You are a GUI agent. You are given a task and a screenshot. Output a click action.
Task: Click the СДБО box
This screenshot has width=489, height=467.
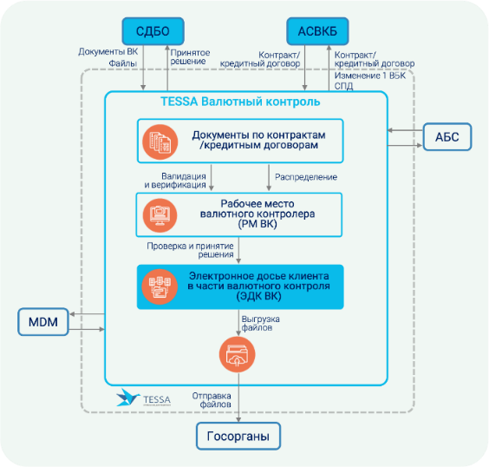click(x=153, y=31)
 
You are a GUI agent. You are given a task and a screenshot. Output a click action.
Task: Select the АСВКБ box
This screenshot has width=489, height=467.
click(x=317, y=31)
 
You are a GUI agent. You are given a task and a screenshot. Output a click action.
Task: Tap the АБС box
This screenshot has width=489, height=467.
click(x=447, y=137)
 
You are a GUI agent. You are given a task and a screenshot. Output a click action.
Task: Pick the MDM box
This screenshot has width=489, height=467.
click(x=43, y=322)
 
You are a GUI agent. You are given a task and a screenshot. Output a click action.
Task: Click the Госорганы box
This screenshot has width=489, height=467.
click(x=238, y=436)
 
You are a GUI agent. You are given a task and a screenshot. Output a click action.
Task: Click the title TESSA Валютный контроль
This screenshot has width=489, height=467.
click(x=240, y=102)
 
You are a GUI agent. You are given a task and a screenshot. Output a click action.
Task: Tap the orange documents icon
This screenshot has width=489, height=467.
click(x=160, y=142)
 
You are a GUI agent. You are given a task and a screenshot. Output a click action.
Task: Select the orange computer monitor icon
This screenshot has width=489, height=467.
click(x=160, y=215)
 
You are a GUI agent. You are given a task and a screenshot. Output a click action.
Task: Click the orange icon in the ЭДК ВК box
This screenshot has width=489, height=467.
click(x=160, y=286)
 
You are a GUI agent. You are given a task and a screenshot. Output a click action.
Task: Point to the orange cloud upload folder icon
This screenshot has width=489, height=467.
click(x=237, y=355)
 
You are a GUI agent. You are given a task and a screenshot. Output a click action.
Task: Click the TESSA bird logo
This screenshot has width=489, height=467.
click(x=127, y=398)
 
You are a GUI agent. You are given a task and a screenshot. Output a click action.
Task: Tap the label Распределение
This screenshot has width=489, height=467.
click(x=306, y=177)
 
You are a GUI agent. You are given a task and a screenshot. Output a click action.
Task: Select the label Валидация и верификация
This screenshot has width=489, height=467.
click(x=175, y=181)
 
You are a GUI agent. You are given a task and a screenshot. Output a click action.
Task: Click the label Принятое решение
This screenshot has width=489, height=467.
click(x=190, y=56)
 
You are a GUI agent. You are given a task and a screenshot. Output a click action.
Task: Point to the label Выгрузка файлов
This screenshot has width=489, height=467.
click(x=260, y=324)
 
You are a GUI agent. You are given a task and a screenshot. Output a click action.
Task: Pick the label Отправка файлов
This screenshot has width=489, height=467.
click(x=212, y=400)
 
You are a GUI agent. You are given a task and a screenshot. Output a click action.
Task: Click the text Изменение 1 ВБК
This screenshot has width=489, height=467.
click(x=370, y=76)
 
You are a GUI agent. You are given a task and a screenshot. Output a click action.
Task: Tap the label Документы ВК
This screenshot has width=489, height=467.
click(x=108, y=52)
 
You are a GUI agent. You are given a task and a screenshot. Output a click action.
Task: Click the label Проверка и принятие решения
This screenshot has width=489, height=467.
click(x=190, y=250)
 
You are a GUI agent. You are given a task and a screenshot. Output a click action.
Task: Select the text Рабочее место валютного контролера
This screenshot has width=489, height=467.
click(x=258, y=209)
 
